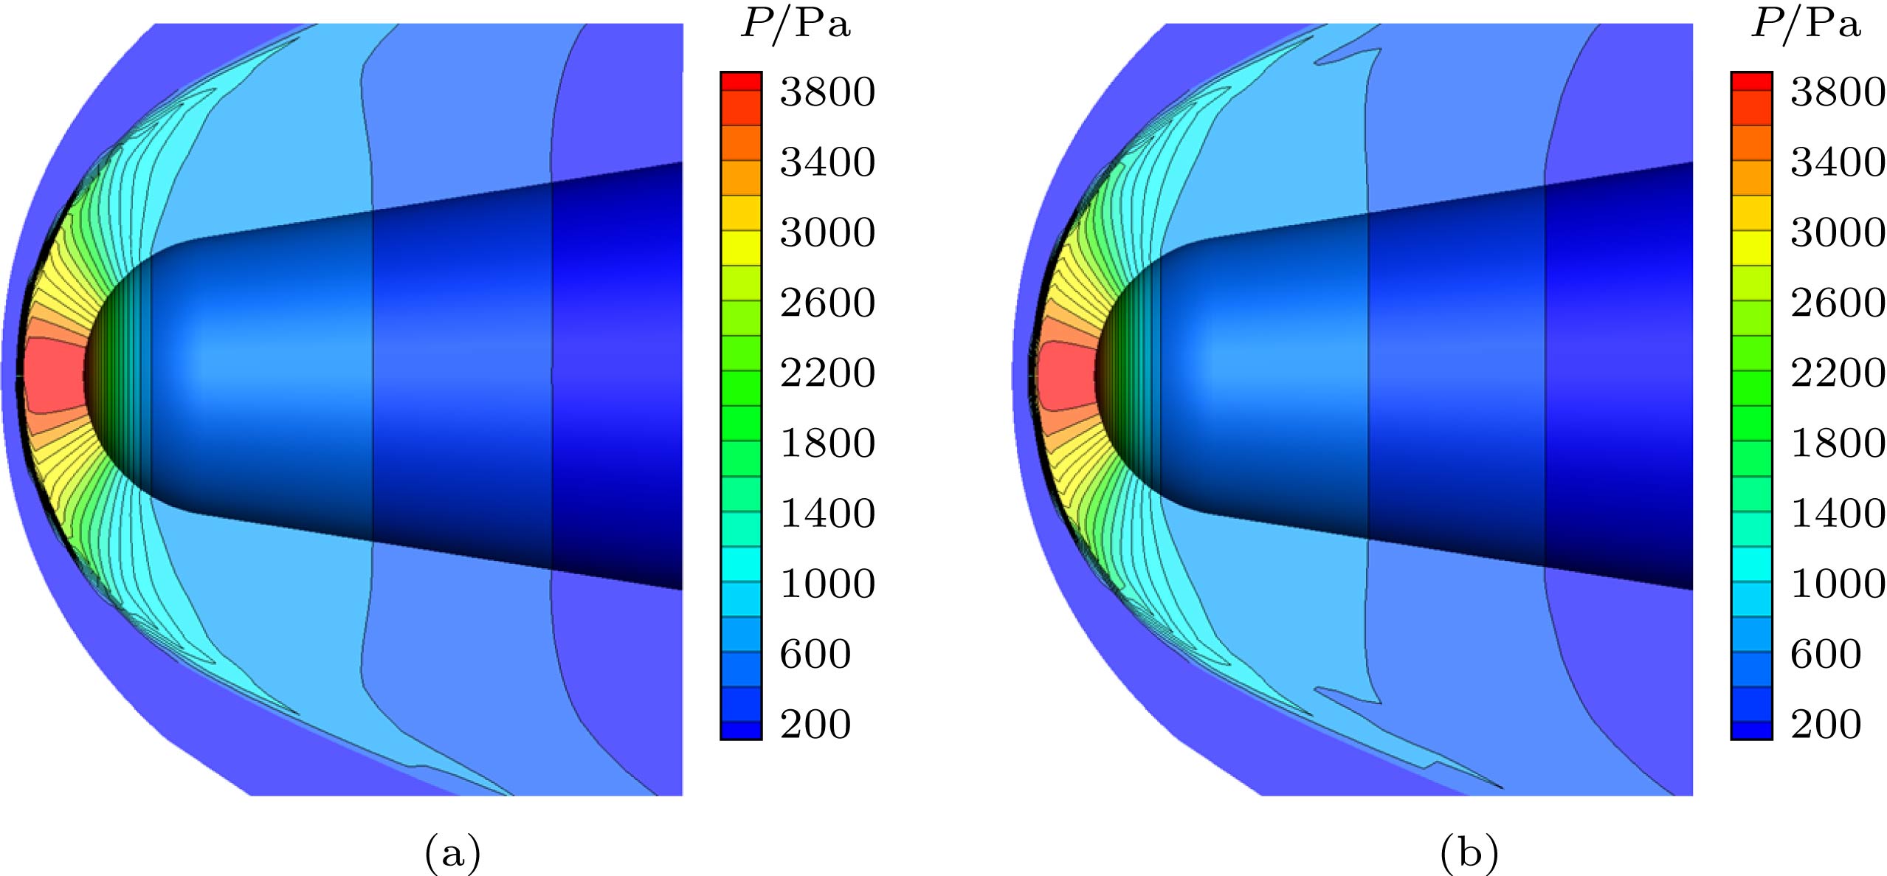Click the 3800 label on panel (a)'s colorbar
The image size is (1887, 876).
click(x=827, y=92)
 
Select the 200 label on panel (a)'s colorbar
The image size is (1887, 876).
click(x=815, y=724)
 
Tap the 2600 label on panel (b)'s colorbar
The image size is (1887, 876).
click(x=1838, y=303)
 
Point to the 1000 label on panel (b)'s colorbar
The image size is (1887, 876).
click(x=1838, y=584)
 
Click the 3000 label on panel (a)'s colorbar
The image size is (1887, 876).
click(x=827, y=232)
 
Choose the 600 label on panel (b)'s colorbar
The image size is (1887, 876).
click(x=1826, y=654)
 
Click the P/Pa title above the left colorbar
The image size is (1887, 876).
click(x=796, y=24)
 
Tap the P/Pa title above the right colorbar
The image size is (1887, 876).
click(x=1806, y=24)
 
